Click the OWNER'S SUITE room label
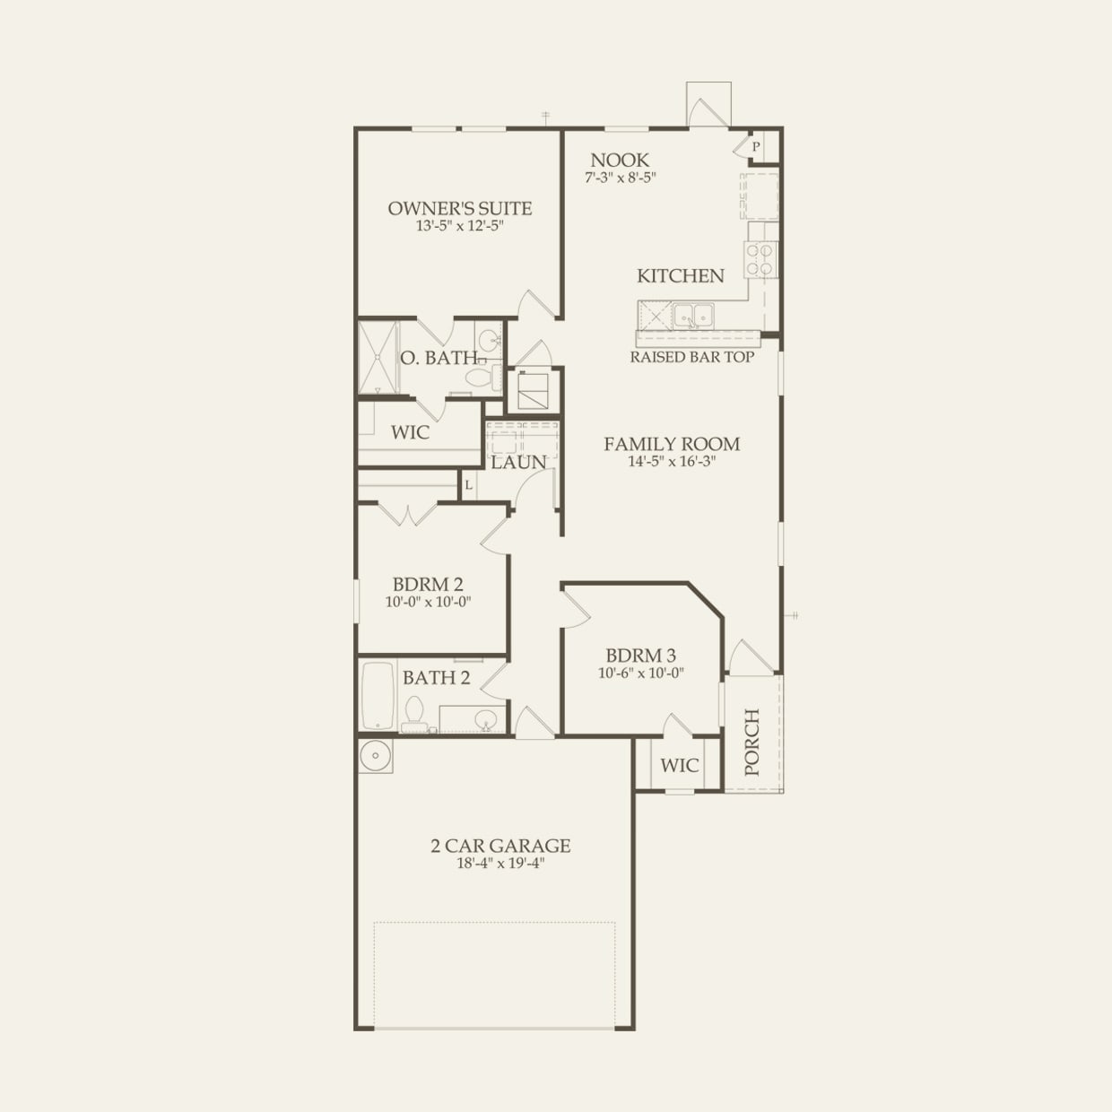pyautogui.click(x=459, y=208)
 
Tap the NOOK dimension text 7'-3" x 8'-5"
pyautogui.click(x=621, y=178)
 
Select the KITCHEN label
pyautogui.click(x=680, y=275)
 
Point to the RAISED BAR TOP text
pyautogui.click(x=691, y=357)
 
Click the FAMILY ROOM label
pyautogui.click(x=672, y=444)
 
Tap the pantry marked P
pyautogui.click(x=756, y=146)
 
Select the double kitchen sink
pyautogui.click(x=693, y=315)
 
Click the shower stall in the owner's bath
pyautogui.click(x=378, y=358)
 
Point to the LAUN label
pyautogui.click(x=518, y=463)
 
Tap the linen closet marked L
pyautogui.click(x=468, y=485)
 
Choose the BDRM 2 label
pyautogui.click(x=428, y=585)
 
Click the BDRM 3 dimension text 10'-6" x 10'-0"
pyautogui.click(x=641, y=673)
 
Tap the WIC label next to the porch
pyautogui.click(x=679, y=765)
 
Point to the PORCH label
pyautogui.click(x=751, y=742)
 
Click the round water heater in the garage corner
pyautogui.click(x=375, y=756)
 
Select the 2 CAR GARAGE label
pyautogui.click(x=500, y=846)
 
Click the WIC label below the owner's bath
pyautogui.click(x=410, y=432)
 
